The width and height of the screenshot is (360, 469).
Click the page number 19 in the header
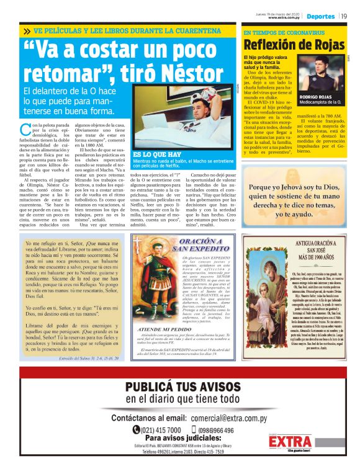click(x=343, y=16)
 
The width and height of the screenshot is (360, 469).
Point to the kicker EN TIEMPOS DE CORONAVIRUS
click(x=275, y=32)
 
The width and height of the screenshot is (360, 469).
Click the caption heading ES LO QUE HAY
click(x=152, y=153)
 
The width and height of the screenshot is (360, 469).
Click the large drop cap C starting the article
click(x=25, y=130)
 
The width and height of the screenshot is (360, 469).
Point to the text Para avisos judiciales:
click(x=180, y=439)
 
